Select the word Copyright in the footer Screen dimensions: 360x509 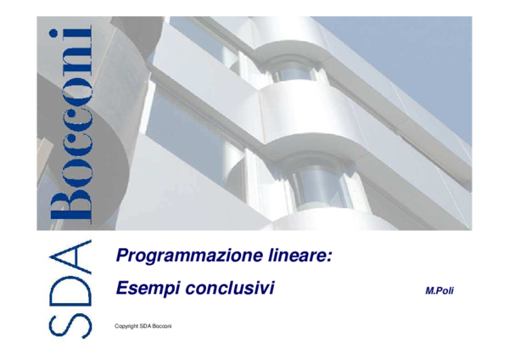click(x=126, y=327)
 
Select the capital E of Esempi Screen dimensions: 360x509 click(x=121, y=289)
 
